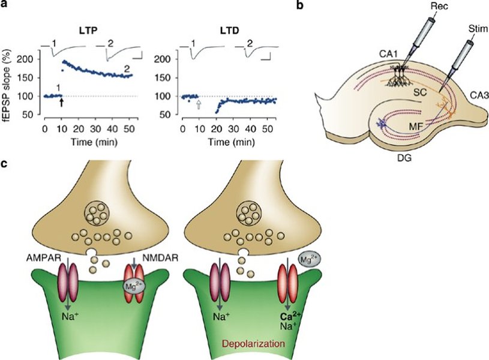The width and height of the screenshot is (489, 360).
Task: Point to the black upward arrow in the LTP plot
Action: click(x=61, y=103)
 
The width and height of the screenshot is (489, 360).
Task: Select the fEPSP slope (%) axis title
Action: click(x=10, y=83)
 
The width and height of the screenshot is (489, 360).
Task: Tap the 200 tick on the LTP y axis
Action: click(x=25, y=59)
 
